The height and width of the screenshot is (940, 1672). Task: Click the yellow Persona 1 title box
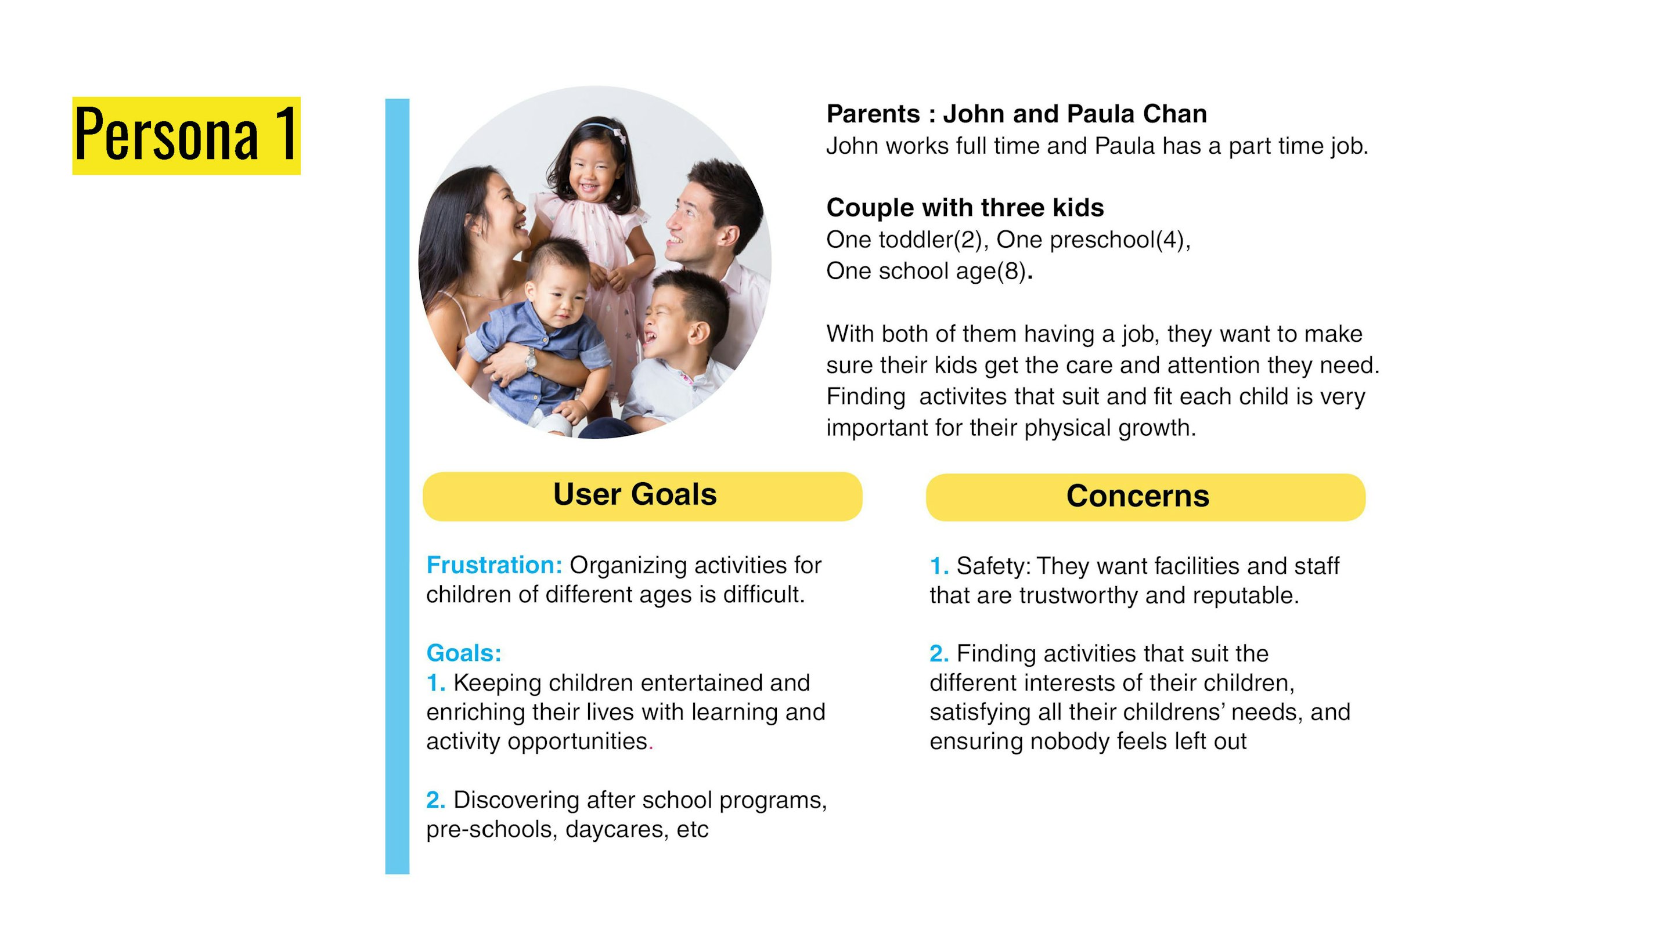pos(186,136)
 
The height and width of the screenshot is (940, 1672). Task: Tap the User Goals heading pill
pos(643,496)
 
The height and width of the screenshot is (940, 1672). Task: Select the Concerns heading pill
pos(1145,497)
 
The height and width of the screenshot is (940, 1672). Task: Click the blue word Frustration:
pos(494,565)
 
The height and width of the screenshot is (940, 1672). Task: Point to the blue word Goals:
pos(463,653)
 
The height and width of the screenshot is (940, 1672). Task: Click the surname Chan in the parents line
pos(1175,114)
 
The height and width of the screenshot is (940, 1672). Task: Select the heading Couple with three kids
pos(965,208)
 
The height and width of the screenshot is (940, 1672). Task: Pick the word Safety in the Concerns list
pos(990,566)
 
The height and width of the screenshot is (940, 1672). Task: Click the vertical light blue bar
pos(397,487)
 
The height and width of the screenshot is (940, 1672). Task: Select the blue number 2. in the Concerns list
pos(939,654)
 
